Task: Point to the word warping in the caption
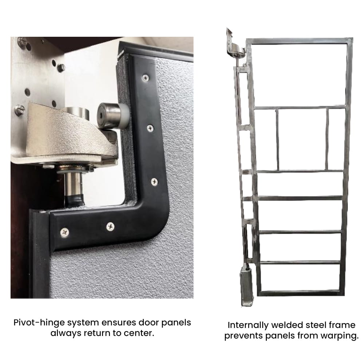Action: pos(340,336)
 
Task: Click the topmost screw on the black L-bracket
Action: pos(146,78)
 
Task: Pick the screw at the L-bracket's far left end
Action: pos(64,232)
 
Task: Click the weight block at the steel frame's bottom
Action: pos(247,286)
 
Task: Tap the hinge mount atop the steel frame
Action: pos(235,46)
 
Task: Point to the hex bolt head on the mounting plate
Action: pos(61,68)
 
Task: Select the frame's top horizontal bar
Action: pos(300,41)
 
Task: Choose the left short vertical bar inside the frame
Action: pos(277,139)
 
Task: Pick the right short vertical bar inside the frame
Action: pos(327,139)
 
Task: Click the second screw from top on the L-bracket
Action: pos(150,128)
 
